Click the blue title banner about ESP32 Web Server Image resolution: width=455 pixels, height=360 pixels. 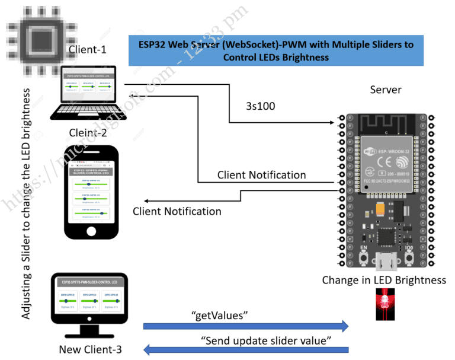276,50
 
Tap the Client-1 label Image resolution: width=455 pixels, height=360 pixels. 87,50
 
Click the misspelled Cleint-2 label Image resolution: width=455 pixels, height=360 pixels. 87,133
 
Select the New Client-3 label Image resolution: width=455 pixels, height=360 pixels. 90,349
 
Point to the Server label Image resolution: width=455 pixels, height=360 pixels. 386,90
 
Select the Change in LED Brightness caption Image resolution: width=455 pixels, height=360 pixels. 384,280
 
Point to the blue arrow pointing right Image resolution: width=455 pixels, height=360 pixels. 246,326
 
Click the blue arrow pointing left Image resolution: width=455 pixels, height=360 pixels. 246,350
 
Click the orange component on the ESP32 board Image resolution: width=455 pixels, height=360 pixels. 380,209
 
